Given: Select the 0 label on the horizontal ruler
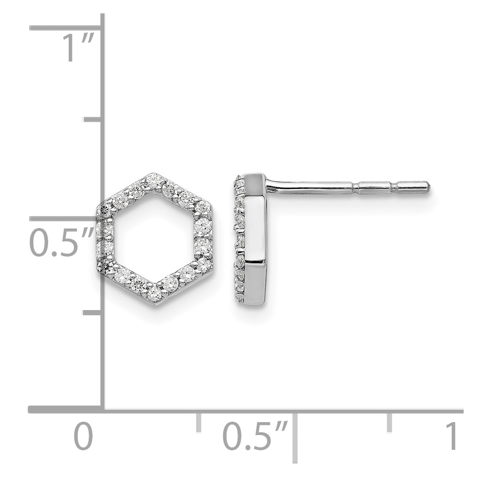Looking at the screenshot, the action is (x=83, y=436).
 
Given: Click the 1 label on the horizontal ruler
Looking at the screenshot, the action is (x=451, y=436).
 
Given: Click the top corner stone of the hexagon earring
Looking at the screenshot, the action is (x=154, y=180).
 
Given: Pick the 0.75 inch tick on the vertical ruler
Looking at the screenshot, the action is (x=92, y=120).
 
